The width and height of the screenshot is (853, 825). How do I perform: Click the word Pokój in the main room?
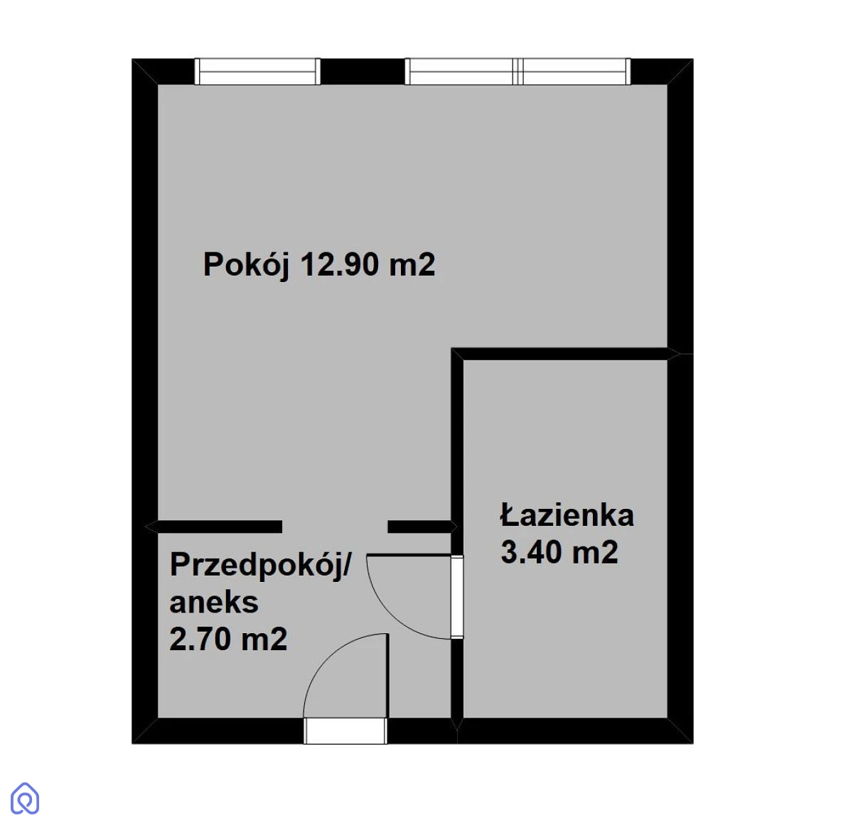click(247, 266)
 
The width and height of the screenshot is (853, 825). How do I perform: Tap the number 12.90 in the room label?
click(340, 264)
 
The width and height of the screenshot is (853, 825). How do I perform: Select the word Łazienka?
click(567, 515)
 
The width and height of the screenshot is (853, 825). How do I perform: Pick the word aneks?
click(214, 603)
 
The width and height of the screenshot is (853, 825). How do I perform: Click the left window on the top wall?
click(257, 72)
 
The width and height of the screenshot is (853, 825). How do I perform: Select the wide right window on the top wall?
click(517, 72)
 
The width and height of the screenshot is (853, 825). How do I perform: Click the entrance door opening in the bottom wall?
click(345, 730)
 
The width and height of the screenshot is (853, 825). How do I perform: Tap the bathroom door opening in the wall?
click(457, 596)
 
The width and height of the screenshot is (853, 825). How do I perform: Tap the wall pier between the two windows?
click(363, 72)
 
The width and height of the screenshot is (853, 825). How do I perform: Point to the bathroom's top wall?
click(564, 354)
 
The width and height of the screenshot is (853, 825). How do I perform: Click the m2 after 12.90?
click(412, 264)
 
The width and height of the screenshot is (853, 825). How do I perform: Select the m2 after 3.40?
click(595, 552)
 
